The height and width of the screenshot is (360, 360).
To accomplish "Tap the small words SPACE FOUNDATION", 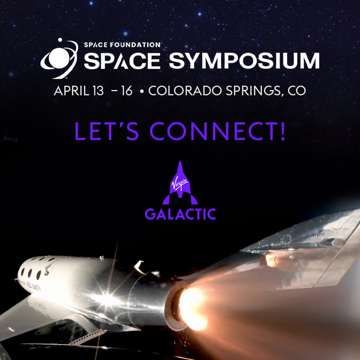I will [x=122, y=44].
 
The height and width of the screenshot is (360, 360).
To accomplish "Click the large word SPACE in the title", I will [x=122, y=61].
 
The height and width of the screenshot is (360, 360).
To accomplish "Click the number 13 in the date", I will [x=97, y=91].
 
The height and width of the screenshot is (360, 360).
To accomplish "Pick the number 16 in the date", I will [x=127, y=91].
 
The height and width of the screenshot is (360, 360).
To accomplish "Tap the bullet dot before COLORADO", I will [x=142, y=91].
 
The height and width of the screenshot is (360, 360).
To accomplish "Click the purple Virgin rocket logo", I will [x=180, y=183].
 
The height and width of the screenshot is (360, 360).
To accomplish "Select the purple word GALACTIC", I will [x=180, y=214].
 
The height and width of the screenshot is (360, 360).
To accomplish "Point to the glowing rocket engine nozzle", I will [x=192, y=307].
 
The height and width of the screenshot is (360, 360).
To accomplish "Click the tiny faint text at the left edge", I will [x=11, y=138].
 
